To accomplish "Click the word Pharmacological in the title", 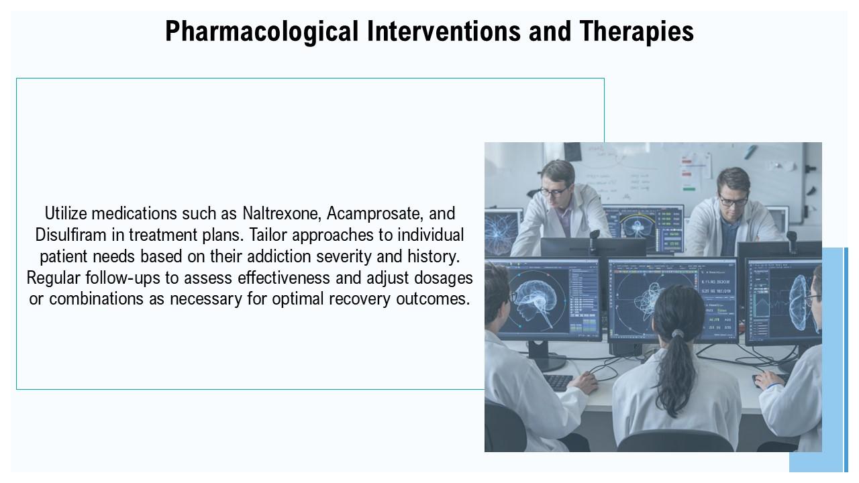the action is point(262,32).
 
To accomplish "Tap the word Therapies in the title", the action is point(637,32).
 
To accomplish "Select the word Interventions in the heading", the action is point(444,31).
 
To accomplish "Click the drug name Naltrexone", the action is point(282,213).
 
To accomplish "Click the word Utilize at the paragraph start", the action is point(65,213).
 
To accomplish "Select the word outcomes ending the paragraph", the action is point(433,299).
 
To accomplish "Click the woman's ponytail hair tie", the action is point(678,333).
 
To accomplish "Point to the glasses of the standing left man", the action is point(554,191).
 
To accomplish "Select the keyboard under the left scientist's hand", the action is point(558,382).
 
